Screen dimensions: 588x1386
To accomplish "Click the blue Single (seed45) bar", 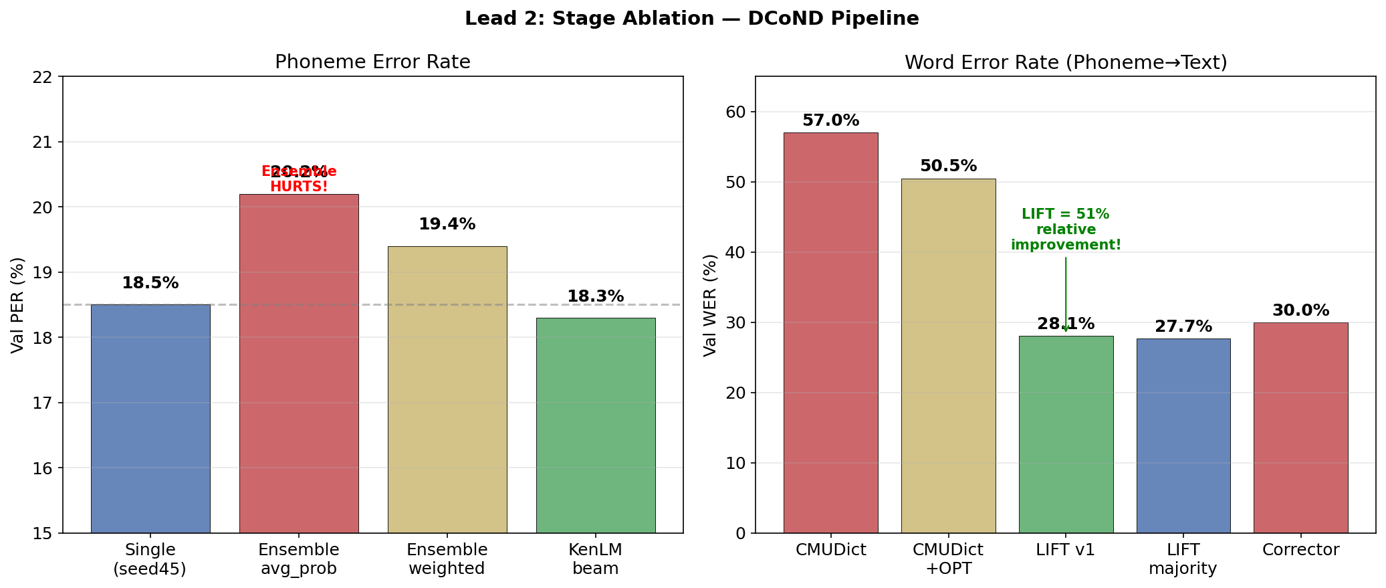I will (150, 418).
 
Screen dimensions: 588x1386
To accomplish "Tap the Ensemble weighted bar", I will (447, 389).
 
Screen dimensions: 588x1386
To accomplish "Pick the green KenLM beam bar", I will (596, 425).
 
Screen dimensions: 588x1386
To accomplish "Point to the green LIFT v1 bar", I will (1066, 434).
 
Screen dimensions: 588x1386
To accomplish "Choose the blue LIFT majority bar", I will (1183, 435).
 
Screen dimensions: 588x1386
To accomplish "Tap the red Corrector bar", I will (1300, 427).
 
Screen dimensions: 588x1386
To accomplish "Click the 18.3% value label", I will (596, 296).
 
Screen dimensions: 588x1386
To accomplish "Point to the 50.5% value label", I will (948, 166).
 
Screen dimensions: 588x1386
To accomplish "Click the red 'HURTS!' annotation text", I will (299, 187).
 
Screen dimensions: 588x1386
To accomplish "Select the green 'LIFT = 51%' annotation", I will (1066, 215).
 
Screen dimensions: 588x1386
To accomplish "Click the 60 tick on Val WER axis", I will (735, 112).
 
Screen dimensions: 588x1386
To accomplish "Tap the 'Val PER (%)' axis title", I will (18, 304).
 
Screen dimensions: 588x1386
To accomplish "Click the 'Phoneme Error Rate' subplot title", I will (372, 62).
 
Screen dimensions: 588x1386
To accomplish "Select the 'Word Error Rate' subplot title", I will (1066, 62).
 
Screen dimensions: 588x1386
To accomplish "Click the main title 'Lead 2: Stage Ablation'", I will (691, 19).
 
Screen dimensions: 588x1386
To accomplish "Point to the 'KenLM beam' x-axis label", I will (596, 559).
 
